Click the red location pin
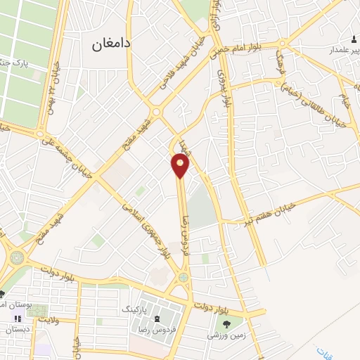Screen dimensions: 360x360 click(x=181, y=165)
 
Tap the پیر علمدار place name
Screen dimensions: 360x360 click(x=337, y=51)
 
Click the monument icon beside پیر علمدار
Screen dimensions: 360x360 click(x=354, y=37)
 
